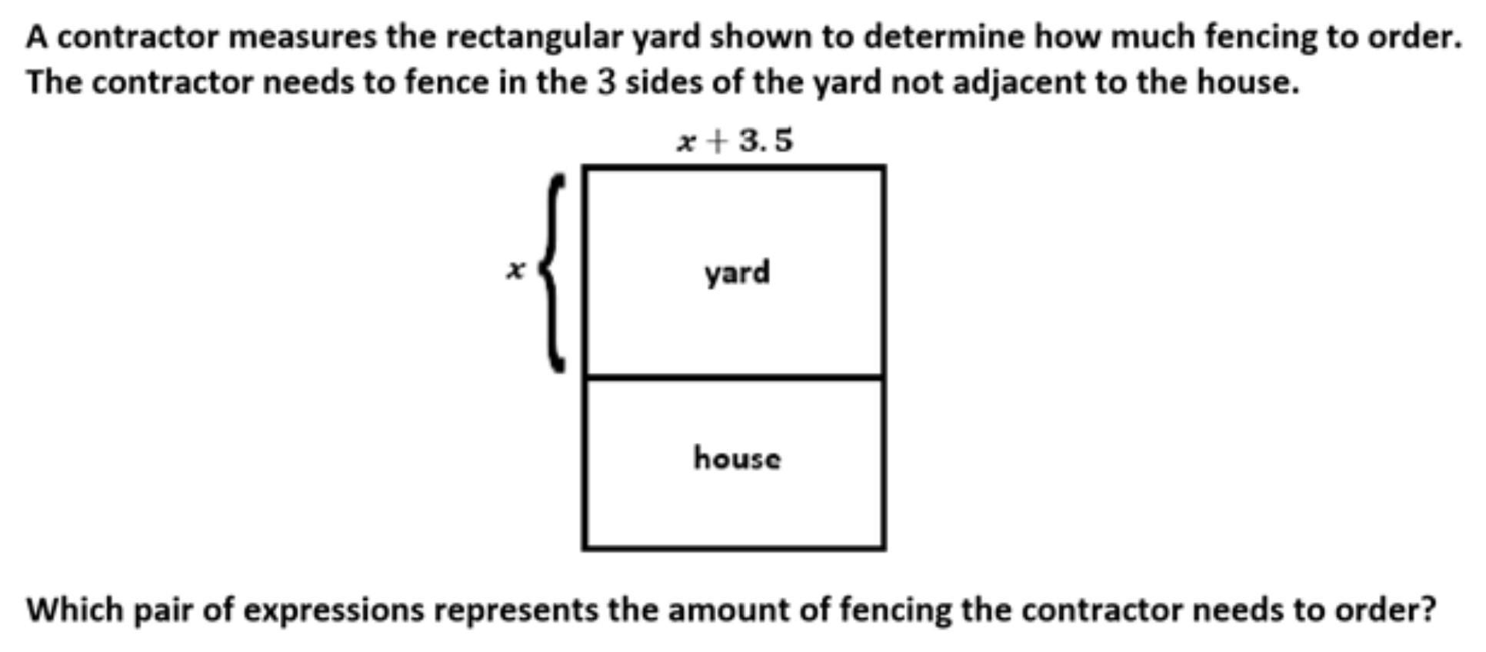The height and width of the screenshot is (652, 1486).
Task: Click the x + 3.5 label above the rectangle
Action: (735, 141)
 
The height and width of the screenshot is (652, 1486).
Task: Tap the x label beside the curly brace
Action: (515, 270)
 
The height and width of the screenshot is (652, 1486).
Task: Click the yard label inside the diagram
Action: (736, 273)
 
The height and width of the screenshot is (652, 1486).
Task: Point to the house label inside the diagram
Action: (737, 458)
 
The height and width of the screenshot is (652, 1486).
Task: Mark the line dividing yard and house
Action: (734, 378)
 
